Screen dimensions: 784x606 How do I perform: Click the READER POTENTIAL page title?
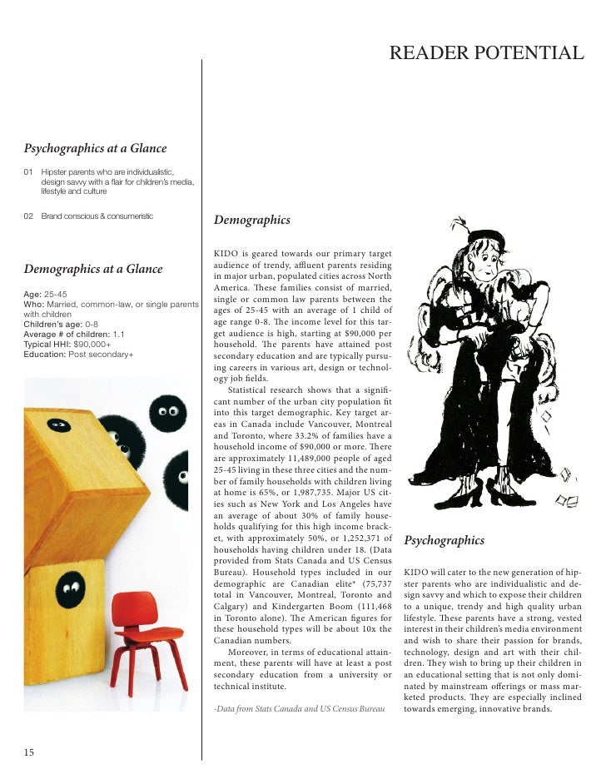[x=486, y=54]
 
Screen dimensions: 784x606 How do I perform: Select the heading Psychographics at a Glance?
[x=95, y=149]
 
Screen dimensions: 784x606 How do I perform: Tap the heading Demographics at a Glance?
[x=93, y=269]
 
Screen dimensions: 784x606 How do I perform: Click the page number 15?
[x=29, y=752]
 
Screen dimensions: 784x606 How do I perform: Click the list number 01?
[x=29, y=171]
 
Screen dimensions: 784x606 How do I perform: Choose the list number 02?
[x=29, y=216]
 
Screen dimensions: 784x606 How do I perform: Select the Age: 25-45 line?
[x=46, y=295]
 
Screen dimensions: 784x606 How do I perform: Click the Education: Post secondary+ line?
[x=77, y=354]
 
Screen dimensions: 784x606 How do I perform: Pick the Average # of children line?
[x=74, y=334]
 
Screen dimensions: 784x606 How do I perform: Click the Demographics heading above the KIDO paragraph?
[x=251, y=221]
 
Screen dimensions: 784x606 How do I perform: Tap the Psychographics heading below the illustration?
[x=444, y=541]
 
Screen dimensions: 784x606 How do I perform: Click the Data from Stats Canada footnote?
[x=299, y=709]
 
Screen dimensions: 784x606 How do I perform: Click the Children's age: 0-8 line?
[x=61, y=324]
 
